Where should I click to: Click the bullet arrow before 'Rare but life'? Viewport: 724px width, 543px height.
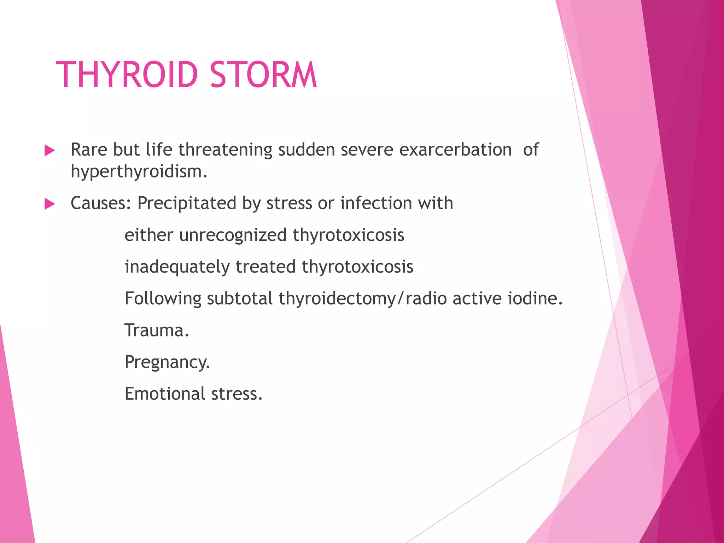[50, 151]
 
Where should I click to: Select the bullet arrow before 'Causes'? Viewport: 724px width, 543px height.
[50, 204]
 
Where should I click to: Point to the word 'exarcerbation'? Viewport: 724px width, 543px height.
[455, 150]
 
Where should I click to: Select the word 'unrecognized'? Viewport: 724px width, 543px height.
[233, 235]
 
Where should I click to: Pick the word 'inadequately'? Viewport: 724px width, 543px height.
[177, 267]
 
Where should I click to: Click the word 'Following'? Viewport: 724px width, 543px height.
[163, 299]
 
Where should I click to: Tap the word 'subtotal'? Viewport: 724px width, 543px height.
[240, 298]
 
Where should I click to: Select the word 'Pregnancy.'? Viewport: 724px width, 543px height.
[167, 363]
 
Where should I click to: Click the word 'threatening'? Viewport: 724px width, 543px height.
[225, 150]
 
